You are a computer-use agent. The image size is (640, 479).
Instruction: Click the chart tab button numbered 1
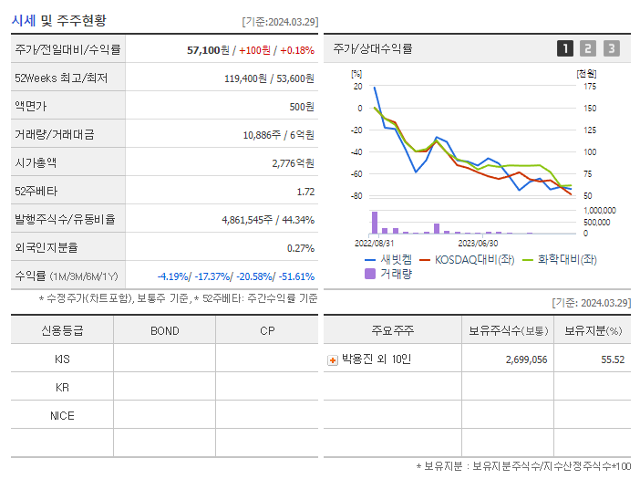565,48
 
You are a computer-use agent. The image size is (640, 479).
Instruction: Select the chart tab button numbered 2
588,48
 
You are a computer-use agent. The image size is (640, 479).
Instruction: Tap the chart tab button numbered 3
611,48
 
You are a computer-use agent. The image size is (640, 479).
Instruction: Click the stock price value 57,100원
207,50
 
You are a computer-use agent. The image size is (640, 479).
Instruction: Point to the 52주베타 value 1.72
305,192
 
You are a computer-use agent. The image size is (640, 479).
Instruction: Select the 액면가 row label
28,107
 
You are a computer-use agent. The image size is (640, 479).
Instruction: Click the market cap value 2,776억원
293,163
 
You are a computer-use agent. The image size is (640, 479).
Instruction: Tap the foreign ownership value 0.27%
301,248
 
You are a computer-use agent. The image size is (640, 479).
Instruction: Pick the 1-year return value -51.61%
293,276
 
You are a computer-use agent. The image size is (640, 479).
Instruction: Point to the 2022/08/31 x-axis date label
374,243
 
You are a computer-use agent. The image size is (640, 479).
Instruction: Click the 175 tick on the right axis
590,87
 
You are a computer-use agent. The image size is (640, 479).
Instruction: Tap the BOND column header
164,330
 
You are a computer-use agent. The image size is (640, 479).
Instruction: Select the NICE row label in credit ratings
62,415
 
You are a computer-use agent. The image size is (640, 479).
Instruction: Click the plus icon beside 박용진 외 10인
333,359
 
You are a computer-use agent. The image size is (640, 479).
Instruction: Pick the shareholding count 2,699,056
526,359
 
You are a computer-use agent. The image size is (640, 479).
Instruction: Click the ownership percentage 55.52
613,359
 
